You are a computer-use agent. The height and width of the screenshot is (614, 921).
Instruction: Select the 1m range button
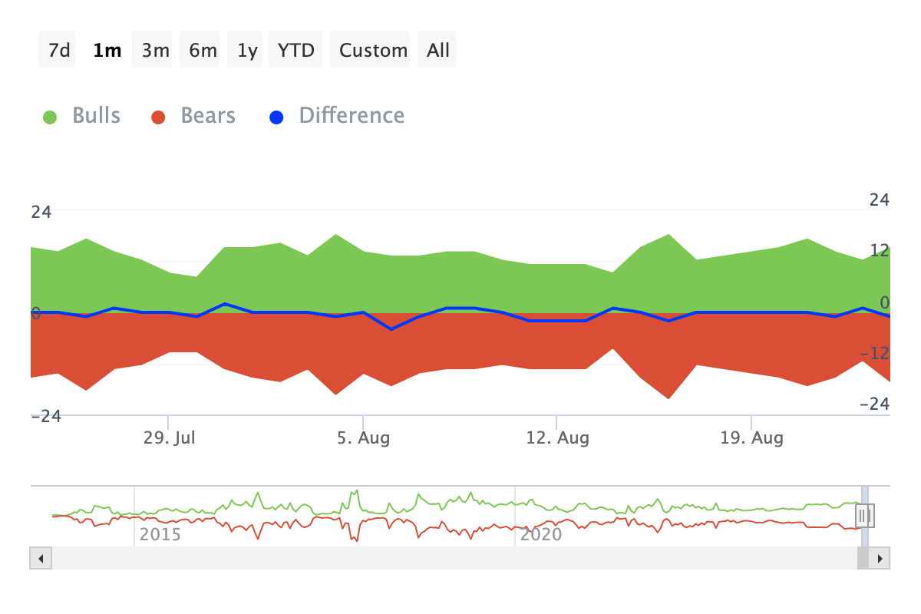[107, 50]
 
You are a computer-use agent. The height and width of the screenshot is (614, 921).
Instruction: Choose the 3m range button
[155, 50]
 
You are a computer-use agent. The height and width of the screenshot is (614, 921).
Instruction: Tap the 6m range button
[203, 50]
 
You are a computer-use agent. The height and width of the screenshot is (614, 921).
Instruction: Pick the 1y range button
[247, 50]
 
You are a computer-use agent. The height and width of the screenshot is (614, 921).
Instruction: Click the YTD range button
[295, 50]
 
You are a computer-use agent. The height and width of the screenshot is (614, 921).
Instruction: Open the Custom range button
[373, 50]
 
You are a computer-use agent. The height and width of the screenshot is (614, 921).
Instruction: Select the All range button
[438, 50]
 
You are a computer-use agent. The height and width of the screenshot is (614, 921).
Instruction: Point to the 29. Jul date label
[170, 438]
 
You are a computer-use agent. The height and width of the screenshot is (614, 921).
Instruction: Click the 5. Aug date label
[364, 438]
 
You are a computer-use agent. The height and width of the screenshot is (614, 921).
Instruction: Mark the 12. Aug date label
[558, 438]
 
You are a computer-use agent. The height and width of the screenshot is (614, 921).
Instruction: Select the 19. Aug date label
[752, 438]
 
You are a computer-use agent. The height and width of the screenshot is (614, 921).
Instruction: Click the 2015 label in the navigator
[160, 533]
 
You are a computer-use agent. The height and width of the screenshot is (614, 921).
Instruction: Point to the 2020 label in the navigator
[541, 533]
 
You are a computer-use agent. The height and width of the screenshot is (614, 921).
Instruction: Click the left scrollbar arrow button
[40, 558]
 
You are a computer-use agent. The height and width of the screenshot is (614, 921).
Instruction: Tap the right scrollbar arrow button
[880, 558]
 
